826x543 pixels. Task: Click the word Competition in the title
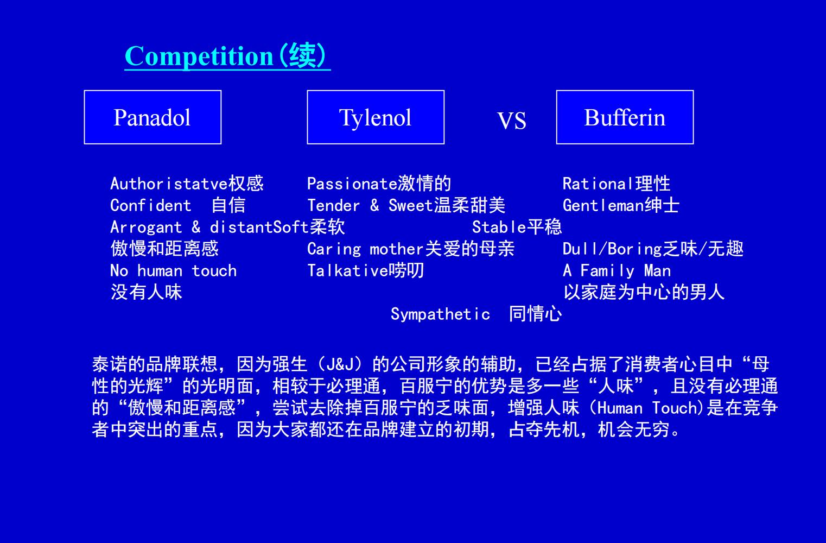tap(199, 56)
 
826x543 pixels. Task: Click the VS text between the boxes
tap(511, 121)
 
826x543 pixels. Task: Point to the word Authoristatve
tap(169, 184)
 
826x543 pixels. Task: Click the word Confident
tap(150, 205)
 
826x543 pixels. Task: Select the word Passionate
tap(352, 184)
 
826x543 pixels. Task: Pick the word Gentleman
tap(603, 205)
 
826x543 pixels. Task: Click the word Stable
tap(499, 227)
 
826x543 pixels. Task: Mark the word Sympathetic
tap(440, 314)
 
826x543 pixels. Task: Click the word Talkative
tap(347, 271)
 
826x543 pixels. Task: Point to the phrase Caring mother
tap(365, 249)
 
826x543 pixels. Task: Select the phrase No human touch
tap(173, 271)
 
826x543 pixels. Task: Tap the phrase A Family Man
tap(617, 271)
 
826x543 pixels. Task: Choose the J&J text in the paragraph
tap(339, 365)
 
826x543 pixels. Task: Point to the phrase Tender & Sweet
tap(370, 205)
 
